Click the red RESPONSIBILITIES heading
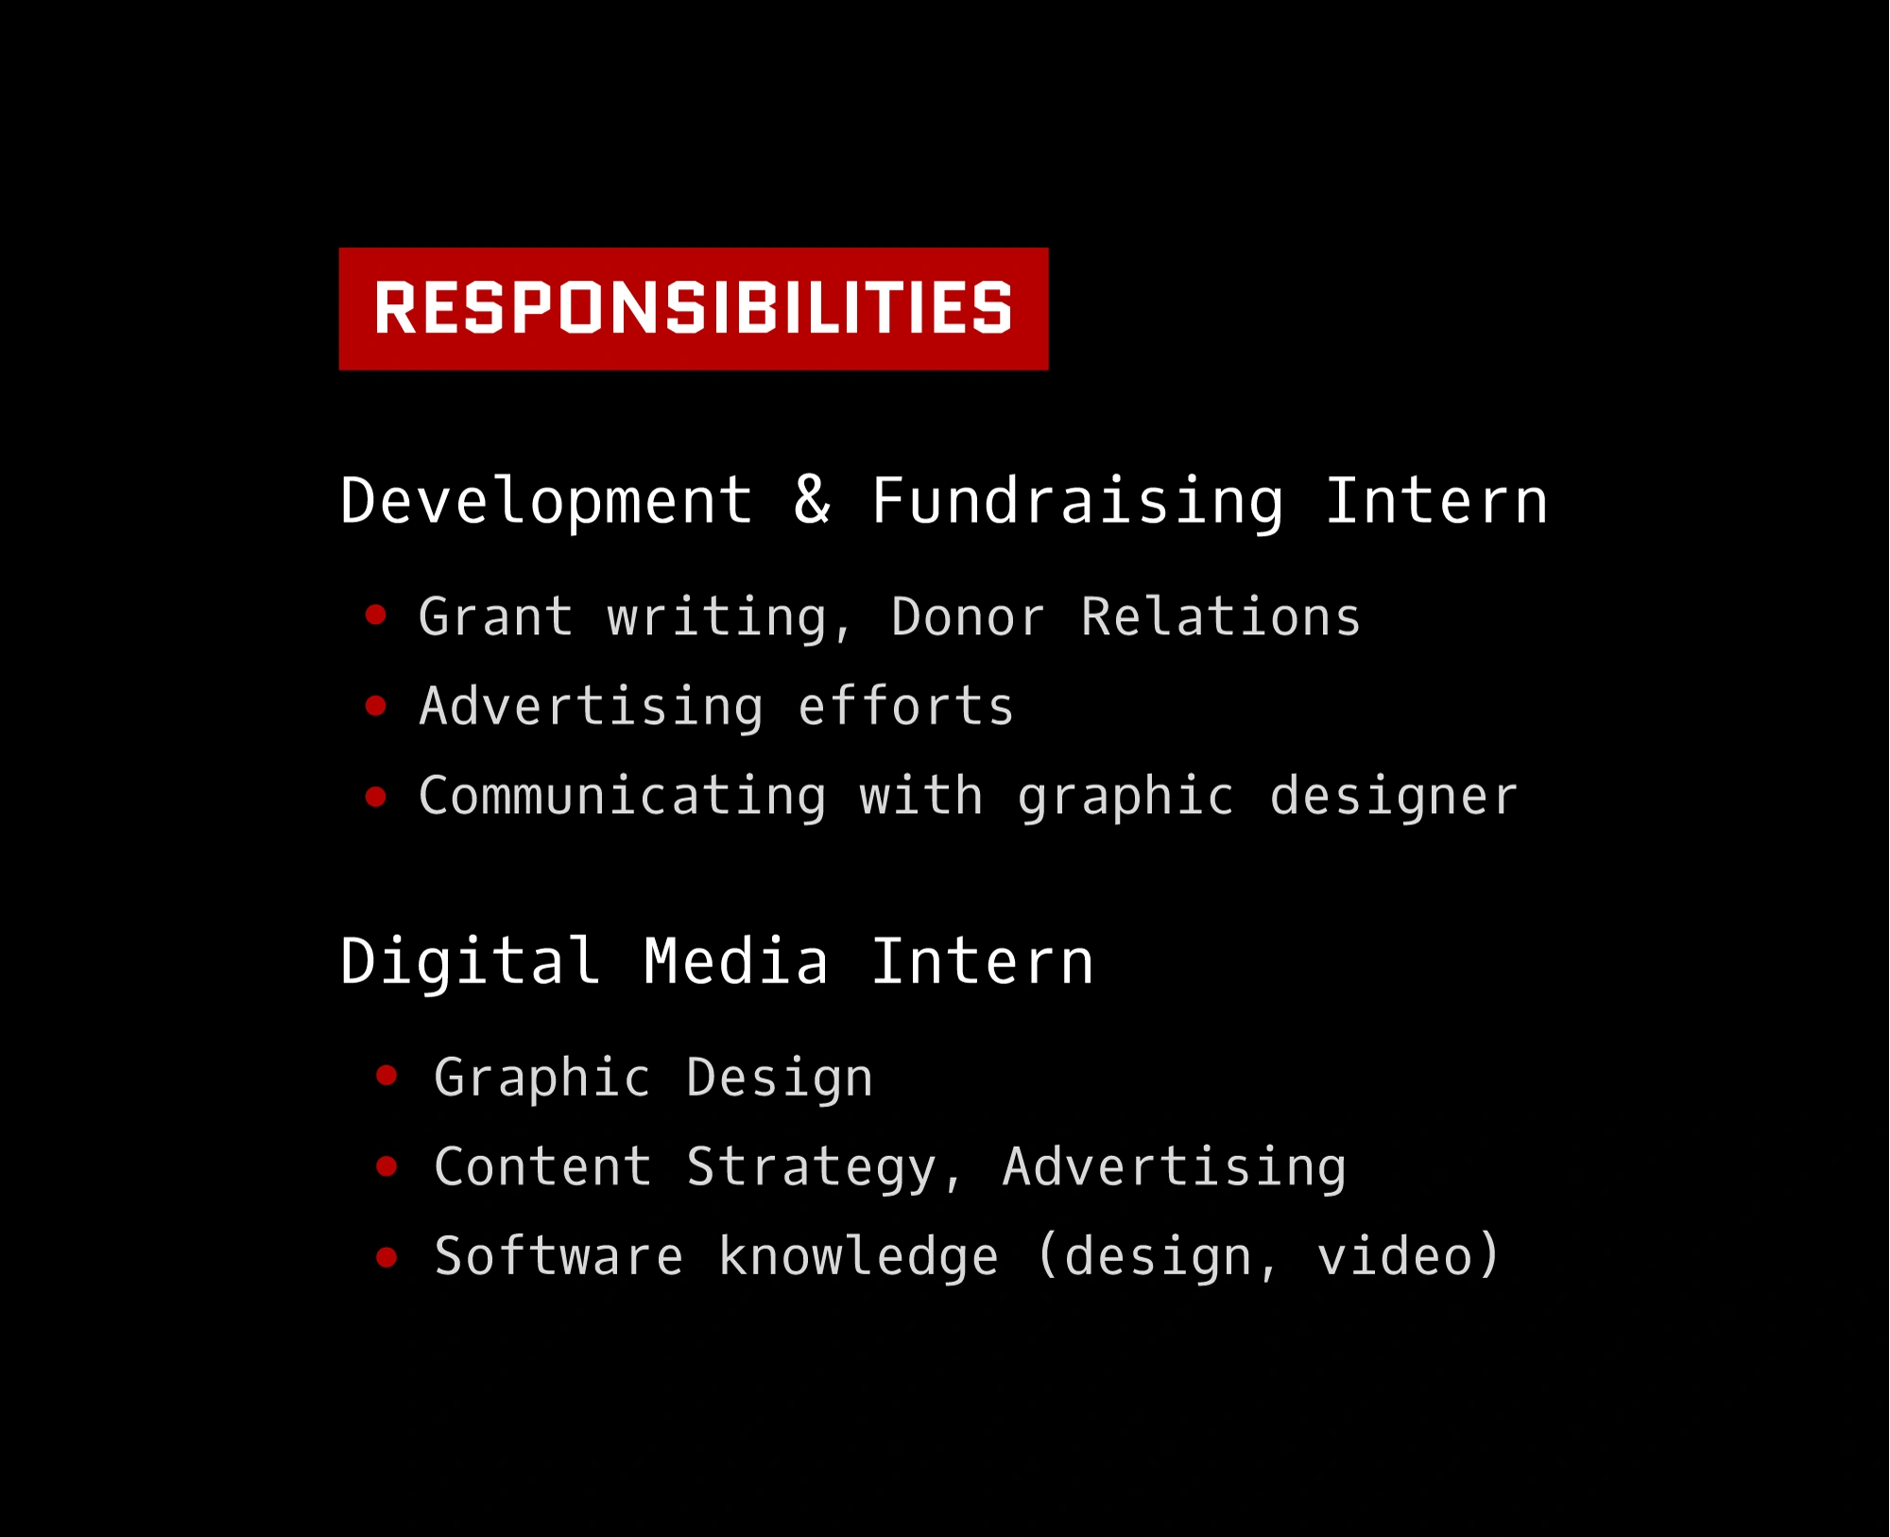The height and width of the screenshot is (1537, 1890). [x=693, y=308]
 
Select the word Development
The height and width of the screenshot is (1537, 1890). [x=546, y=501]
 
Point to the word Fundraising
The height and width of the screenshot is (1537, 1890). [x=1077, y=501]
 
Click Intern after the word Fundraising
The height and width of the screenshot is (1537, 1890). [x=1436, y=501]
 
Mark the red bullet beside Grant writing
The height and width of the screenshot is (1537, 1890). [x=376, y=615]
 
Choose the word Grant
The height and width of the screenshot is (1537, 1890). [x=496, y=617]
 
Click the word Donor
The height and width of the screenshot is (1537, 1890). [x=968, y=617]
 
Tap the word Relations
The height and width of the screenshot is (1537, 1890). [x=1220, y=617]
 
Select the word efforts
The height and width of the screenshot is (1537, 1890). [x=905, y=707]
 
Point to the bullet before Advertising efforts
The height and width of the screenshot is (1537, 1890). [x=376, y=706]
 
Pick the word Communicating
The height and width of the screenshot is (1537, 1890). [x=622, y=796]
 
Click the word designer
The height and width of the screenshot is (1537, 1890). [x=1393, y=796]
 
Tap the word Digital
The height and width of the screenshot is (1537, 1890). [x=470, y=961]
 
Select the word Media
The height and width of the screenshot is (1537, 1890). [x=736, y=961]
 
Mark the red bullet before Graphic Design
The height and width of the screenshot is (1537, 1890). [x=387, y=1076]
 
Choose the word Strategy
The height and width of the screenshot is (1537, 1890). [x=811, y=1167]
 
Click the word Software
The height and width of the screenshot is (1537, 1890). [x=558, y=1256]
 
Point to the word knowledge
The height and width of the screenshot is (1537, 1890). [x=858, y=1256]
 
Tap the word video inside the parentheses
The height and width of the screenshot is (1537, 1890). [x=1395, y=1256]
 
